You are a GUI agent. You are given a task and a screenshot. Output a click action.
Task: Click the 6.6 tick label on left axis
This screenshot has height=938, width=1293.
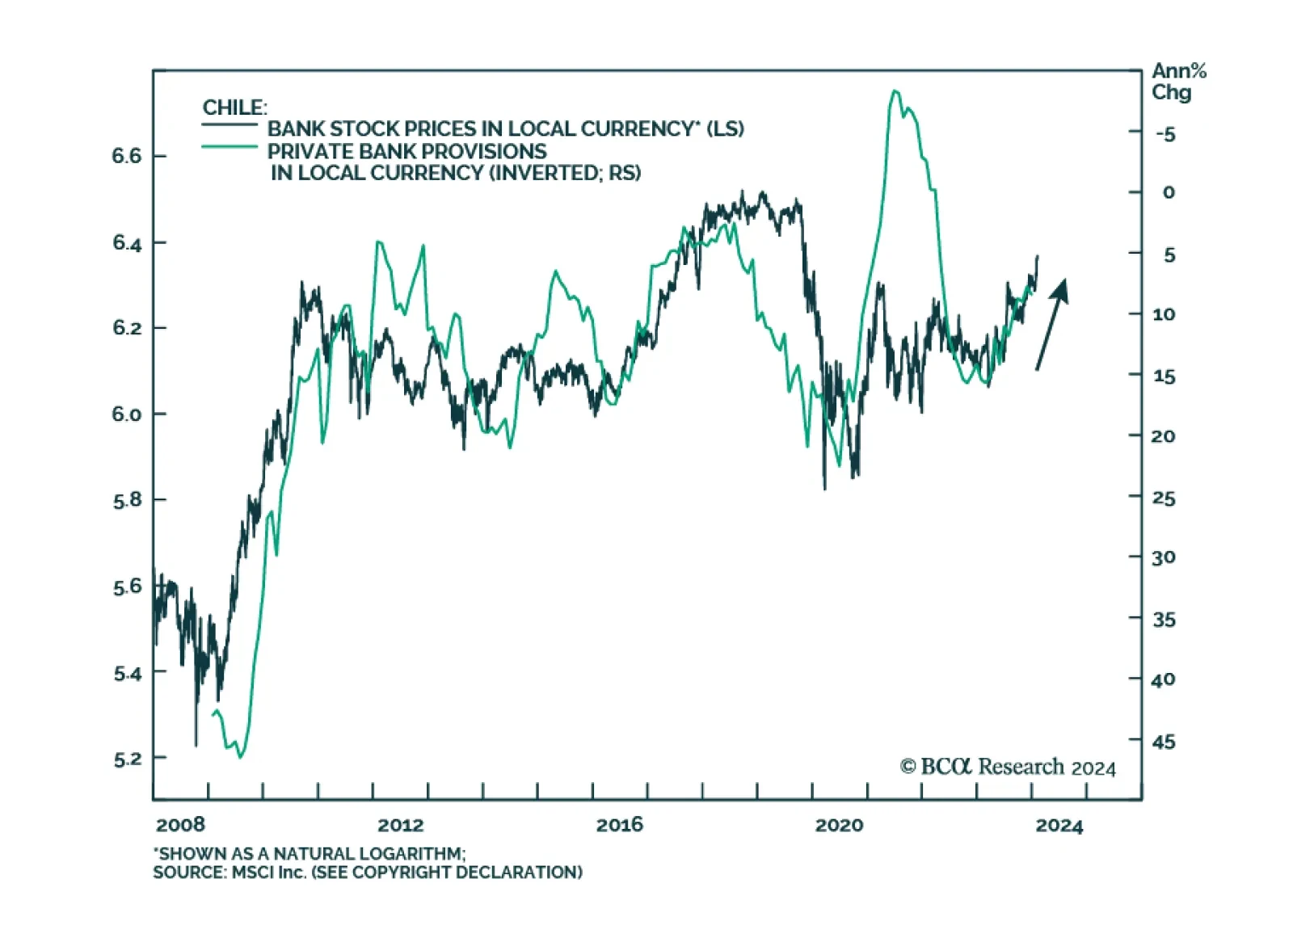[x=127, y=156]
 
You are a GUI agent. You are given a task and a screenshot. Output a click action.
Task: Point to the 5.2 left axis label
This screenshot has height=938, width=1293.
[x=127, y=759]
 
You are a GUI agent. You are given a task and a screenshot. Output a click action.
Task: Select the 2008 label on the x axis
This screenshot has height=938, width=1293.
[x=180, y=825]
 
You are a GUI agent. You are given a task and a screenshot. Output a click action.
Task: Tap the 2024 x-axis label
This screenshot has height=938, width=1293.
[x=1059, y=825]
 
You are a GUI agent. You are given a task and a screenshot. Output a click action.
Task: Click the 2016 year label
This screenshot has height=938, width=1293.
[x=620, y=825]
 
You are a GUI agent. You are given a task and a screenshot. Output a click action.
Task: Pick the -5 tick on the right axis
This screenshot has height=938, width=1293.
[x=1165, y=134]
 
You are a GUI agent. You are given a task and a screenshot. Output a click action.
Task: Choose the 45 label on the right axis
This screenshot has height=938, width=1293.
[x=1164, y=741]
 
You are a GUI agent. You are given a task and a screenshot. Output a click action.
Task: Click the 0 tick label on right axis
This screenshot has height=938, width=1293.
[x=1169, y=193]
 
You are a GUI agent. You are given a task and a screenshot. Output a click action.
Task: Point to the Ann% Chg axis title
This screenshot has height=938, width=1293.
[x=1178, y=82]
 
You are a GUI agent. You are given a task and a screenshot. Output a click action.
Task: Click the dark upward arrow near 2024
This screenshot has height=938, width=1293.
[x=1052, y=323]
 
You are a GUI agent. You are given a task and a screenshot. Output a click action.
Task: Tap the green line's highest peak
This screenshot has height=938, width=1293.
[x=895, y=91]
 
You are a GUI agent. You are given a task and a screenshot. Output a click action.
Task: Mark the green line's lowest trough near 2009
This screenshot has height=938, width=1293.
[x=240, y=756]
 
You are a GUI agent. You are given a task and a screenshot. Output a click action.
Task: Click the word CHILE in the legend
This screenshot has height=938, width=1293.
[x=234, y=107]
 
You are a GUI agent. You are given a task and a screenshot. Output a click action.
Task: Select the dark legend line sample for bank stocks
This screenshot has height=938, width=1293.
[x=230, y=124]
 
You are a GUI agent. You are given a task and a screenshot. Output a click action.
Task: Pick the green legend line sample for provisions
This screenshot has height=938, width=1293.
[x=230, y=147]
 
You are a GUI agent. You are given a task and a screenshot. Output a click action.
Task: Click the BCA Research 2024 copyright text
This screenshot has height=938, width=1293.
[x=1008, y=767]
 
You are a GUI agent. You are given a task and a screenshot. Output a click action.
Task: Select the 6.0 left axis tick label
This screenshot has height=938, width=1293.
[x=127, y=414]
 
